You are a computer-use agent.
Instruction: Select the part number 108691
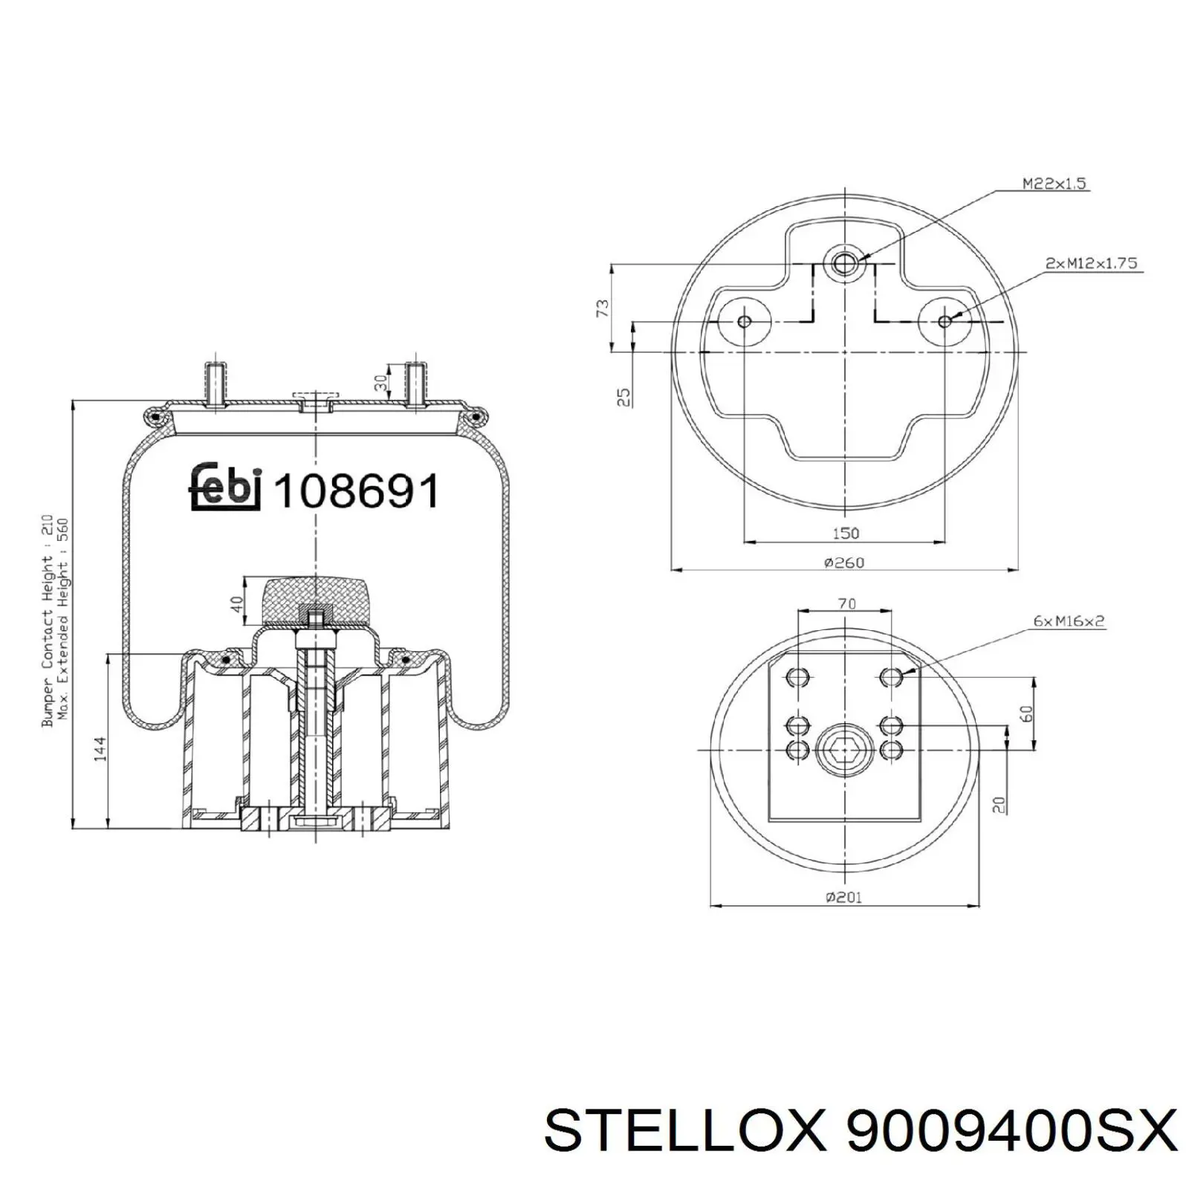click(x=357, y=490)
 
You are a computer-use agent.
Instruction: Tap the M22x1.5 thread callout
click(x=1055, y=183)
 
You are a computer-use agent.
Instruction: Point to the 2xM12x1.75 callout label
click(x=1091, y=263)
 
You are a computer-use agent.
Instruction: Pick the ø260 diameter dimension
click(x=844, y=563)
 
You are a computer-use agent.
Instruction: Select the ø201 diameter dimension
click(x=843, y=897)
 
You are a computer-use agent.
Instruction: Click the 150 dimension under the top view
click(x=846, y=533)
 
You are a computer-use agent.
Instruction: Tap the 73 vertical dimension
click(x=602, y=308)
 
